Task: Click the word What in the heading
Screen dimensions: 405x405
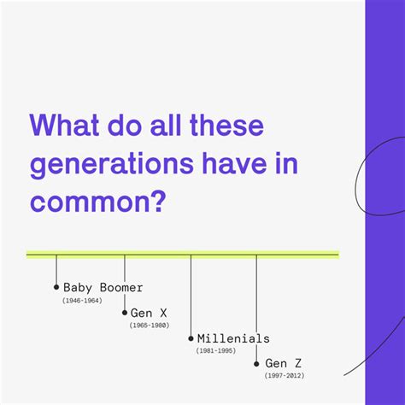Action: click(x=64, y=125)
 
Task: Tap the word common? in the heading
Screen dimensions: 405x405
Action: click(x=97, y=202)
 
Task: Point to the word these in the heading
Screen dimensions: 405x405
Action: click(x=226, y=125)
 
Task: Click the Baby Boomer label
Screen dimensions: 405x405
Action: click(x=103, y=287)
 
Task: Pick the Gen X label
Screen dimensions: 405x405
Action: click(x=149, y=313)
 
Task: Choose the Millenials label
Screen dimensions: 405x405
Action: click(x=233, y=338)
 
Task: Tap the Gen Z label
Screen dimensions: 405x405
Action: click(x=283, y=363)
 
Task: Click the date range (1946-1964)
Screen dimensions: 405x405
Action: click(x=82, y=301)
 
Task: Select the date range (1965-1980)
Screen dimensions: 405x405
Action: click(x=150, y=326)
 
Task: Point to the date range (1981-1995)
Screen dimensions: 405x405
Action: click(x=216, y=350)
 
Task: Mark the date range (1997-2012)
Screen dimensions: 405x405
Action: click(x=285, y=375)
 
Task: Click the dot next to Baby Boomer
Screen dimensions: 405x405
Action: click(x=56, y=287)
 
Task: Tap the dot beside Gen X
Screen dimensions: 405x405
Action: click(x=125, y=313)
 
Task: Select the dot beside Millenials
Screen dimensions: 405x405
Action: click(x=191, y=338)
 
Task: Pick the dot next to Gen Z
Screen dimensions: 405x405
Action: click(x=256, y=364)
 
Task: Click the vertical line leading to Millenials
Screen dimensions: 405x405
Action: click(x=191, y=296)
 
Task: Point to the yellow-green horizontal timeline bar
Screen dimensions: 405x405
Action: click(x=183, y=255)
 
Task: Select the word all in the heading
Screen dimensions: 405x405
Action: click(x=166, y=125)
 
